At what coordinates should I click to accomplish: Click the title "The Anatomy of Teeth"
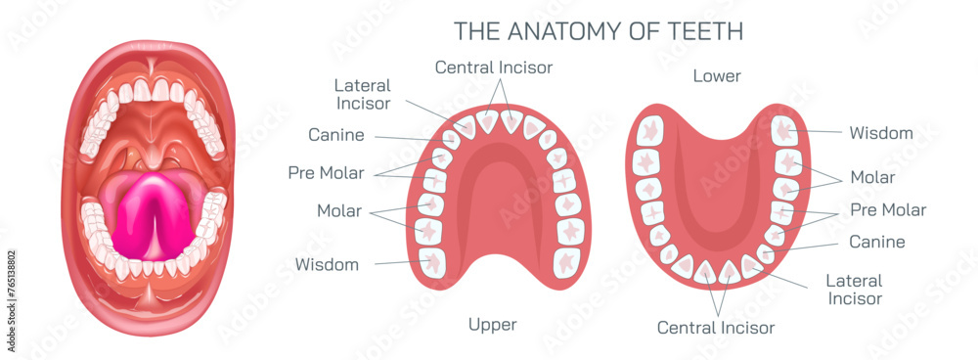point(599,30)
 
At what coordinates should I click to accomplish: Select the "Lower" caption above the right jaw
point(716,75)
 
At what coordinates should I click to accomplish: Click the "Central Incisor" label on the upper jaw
point(494,67)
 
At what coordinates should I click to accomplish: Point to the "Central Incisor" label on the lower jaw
point(716,327)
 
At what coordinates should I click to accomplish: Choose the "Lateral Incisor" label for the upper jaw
point(362,94)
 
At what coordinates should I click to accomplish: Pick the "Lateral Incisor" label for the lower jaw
point(854,290)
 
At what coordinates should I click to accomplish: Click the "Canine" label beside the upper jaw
point(336,135)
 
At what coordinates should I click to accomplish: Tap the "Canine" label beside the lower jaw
point(876,242)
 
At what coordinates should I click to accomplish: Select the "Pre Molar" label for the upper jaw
point(326,173)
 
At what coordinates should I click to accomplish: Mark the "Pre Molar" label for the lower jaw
point(888,209)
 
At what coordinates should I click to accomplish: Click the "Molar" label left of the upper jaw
point(338,210)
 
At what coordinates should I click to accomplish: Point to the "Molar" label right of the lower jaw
point(871,177)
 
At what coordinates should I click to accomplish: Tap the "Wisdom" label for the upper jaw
point(326,264)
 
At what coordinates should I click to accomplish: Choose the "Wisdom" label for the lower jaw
point(880,132)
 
